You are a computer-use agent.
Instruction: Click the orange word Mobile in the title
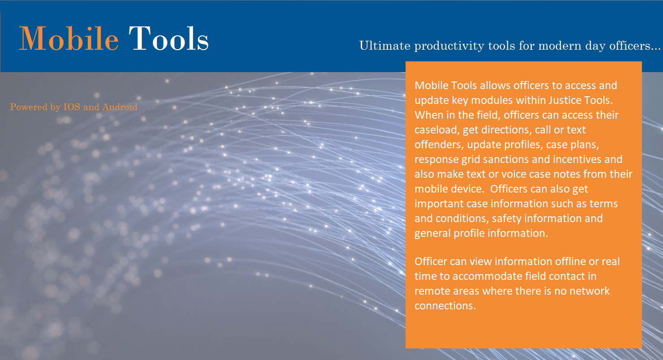68,39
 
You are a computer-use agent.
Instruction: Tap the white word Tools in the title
169,39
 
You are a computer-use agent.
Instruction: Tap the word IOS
72,107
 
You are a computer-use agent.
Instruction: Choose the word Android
120,107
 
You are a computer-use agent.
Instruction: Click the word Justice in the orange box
565,100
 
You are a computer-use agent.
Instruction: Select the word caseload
436,130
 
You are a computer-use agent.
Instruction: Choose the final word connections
445,306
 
